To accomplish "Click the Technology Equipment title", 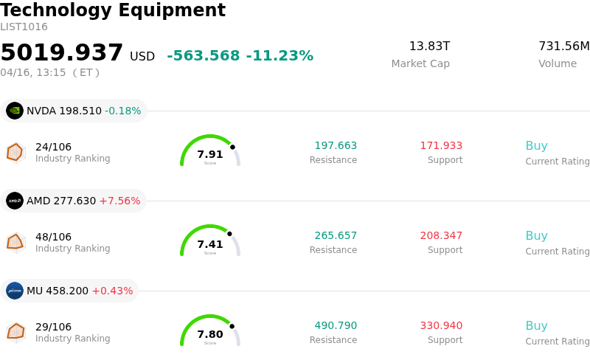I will pos(113,11).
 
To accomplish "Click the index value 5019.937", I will pos(62,53).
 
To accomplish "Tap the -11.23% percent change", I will pos(280,56).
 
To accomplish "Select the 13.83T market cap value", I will pos(429,46).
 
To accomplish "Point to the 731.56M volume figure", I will pos(563,46).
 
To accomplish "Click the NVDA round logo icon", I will pos(15,111).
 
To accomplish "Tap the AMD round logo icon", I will pos(15,201).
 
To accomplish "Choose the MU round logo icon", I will pos(15,291).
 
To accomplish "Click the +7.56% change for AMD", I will pos(119,201).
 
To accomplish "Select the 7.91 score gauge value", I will pos(210,155).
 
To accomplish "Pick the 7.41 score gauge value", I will pos(210,245).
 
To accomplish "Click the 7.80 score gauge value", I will pos(210,335).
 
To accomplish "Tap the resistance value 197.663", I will pos(336,146).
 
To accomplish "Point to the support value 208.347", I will pos(441,236).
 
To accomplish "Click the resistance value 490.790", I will pos(336,326).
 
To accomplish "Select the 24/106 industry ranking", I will pos(53,147).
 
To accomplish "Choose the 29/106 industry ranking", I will pos(53,327).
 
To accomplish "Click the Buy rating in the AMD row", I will pos(536,236).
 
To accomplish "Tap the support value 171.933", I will pos(441,146).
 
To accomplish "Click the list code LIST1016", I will pos(24,27).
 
